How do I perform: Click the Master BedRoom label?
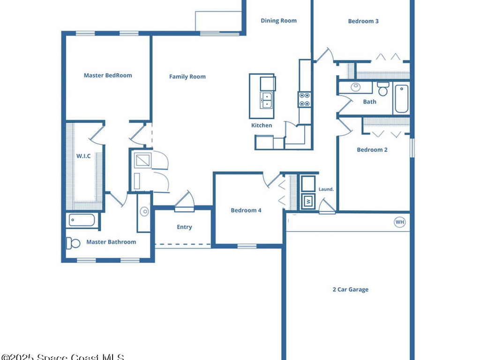[x=108, y=75]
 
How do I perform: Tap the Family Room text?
[x=187, y=76]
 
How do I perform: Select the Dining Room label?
[x=278, y=21]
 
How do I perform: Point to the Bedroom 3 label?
[x=363, y=21]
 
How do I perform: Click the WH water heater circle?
[x=399, y=222]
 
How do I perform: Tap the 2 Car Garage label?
[x=351, y=290]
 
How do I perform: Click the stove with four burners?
[x=304, y=99]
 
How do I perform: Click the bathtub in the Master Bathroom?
[x=82, y=220]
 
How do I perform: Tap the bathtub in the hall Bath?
[x=402, y=98]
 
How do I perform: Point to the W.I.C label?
[x=83, y=156]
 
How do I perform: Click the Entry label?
[x=184, y=227]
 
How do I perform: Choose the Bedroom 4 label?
[x=246, y=210]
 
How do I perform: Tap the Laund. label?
[x=326, y=189]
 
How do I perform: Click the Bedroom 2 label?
[x=372, y=150]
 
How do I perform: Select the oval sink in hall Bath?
[x=355, y=87]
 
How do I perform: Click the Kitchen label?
[x=262, y=125]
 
